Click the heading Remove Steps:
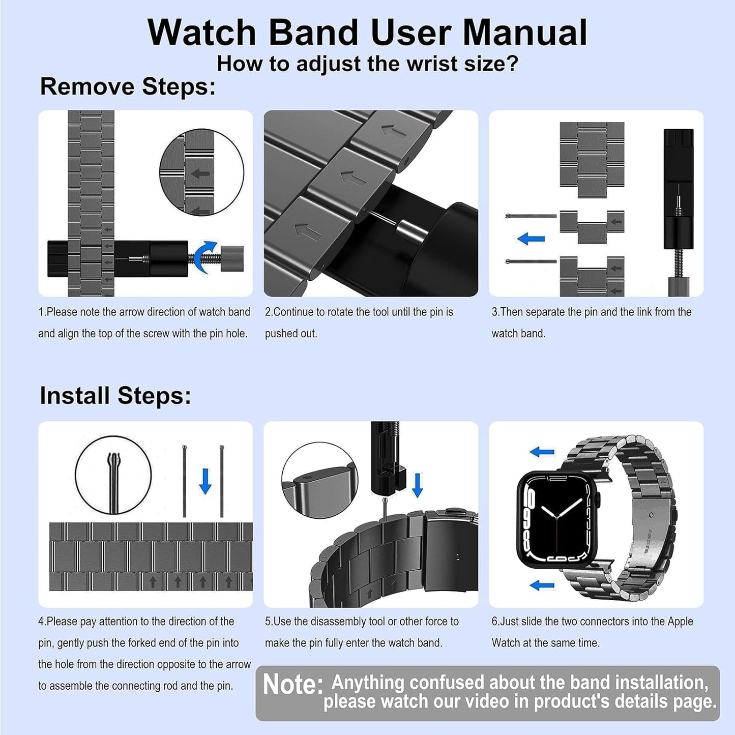coord(128,86)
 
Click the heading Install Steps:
coord(115,396)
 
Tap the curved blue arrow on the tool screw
coord(208,256)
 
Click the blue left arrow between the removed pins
coord(531,239)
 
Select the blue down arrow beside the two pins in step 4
coord(205,481)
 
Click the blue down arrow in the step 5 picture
coord(417,485)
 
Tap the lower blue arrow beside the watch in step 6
coord(542,586)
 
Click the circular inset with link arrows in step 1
coord(201,172)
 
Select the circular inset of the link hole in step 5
coord(319,480)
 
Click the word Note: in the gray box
coord(293,685)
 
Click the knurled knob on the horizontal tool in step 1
coord(234,258)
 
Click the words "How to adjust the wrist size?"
coord(367,64)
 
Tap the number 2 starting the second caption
coord(268,312)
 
